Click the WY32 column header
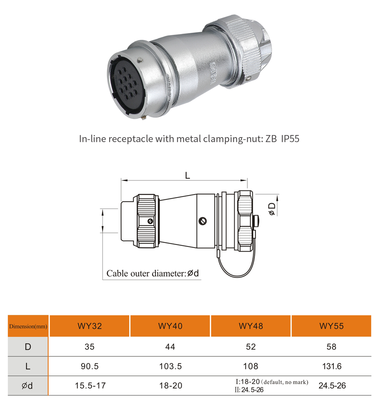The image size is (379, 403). coord(90,326)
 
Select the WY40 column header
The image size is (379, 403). coord(170,326)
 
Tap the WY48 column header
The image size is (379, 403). coord(251,326)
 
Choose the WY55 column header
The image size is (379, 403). coord(332,326)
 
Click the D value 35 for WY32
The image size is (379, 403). coord(90,347)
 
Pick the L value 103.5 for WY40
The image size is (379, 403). coord(170,366)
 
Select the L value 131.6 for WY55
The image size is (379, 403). coord(332,366)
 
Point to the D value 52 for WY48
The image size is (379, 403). coord(251,347)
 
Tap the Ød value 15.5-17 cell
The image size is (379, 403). coord(90,385)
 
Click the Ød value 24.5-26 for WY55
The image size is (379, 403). coord(332,385)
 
